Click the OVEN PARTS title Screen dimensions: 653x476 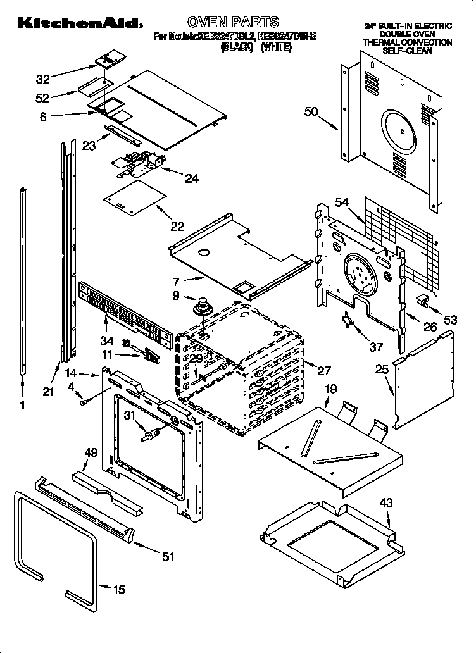(233, 22)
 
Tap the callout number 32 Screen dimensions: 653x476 (43, 79)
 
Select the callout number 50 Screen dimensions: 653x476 (310, 112)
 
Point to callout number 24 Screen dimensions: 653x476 (191, 178)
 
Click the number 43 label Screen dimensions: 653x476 (385, 503)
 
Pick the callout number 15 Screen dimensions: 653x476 (118, 590)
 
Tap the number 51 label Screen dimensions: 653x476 (168, 557)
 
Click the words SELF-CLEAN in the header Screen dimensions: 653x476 (407, 51)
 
